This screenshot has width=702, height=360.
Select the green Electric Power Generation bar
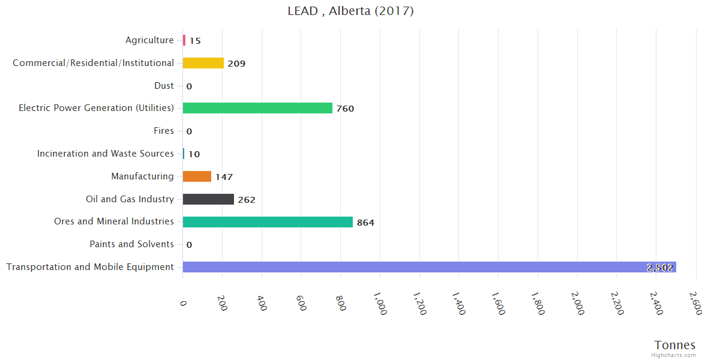(x=257, y=108)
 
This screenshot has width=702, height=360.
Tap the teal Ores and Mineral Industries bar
(x=268, y=222)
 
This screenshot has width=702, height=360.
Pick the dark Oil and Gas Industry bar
(x=208, y=199)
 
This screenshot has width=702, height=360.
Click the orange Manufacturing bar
(x=197, y=176)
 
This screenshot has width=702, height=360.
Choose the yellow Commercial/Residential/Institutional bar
(x=203, y=63)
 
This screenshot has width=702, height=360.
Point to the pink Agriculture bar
(x=184, y=40)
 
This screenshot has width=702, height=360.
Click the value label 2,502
(x=660, y=268)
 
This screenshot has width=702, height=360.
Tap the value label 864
(x=365, y=223)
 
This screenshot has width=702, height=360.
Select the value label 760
(x=345, y=109)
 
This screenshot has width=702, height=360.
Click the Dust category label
(x=164, y=86)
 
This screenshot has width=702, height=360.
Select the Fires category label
(x=164, y=131)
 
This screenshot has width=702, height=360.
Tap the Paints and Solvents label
(x=131, y=244)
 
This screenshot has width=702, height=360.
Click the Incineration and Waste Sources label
(x=106, y=154)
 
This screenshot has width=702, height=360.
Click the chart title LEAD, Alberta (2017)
(x=350, y=11)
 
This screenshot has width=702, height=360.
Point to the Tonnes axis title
(x=675, y=345)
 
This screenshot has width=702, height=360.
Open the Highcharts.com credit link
(x=674, y=355)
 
